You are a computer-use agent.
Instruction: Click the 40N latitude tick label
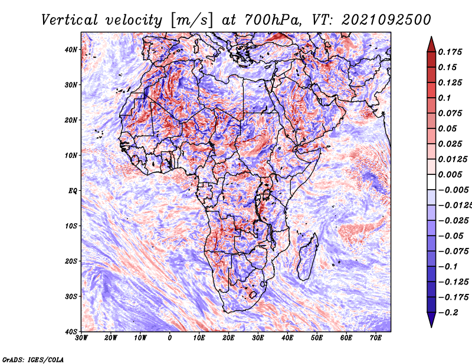(x=71, y=49)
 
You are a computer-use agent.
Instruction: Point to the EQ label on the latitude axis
(x=73, y=191)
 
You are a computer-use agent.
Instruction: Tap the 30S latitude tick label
(x=71, y=296)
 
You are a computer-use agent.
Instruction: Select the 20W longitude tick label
(x=111, y=338)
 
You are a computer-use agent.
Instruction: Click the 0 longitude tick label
(x=169, y=338)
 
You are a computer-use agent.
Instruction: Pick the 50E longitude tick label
(x=317, y=338)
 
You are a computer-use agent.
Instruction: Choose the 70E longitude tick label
(x=375, y=338)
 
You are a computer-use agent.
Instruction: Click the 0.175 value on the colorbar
(x=450, y=52)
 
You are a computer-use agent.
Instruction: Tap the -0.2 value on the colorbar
(x=448, y=313)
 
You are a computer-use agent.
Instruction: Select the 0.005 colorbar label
(x=450, y=174)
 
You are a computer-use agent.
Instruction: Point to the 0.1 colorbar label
(x=444, y=98)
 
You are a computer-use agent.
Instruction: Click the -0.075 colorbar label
(x=454, y=252)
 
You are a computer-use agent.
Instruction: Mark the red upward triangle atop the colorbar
(x=431, y=45)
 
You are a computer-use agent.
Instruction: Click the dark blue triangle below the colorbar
(x=431, y=320)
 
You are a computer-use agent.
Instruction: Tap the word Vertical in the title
(x=70, y=20)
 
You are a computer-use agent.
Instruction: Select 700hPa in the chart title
(x=273, y=20)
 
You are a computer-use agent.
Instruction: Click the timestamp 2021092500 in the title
(x=386, y=20)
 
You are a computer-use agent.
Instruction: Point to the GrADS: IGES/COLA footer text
(x=33, y=359)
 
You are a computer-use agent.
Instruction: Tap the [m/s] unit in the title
(x=192, y=21)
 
